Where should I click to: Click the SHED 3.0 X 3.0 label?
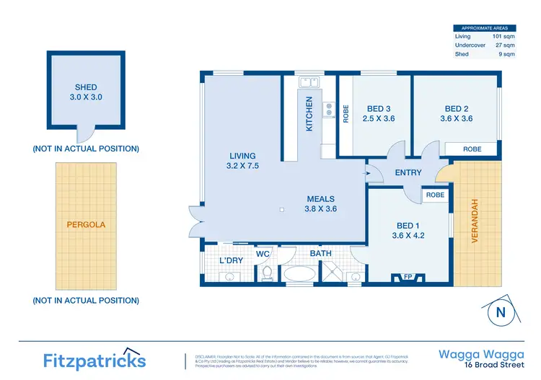click(x=86, y=92)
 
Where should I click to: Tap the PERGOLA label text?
click(x=85, y=224)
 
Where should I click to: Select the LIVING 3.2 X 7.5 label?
click(x=242, y=160)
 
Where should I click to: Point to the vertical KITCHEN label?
click(x=309, y=113)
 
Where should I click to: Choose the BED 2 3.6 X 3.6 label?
click(x=457, y=114)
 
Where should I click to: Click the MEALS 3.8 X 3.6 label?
click(x=321, y=204)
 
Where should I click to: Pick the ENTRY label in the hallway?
click(x=408, y=172)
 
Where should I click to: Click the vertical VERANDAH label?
click(x=475, y=220)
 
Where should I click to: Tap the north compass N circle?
click(x=498, y=312)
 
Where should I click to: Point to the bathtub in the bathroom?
click(x=299, y=274)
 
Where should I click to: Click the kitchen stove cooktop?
click(x=329, y=110)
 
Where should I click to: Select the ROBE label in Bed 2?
click(x=472, y=149)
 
